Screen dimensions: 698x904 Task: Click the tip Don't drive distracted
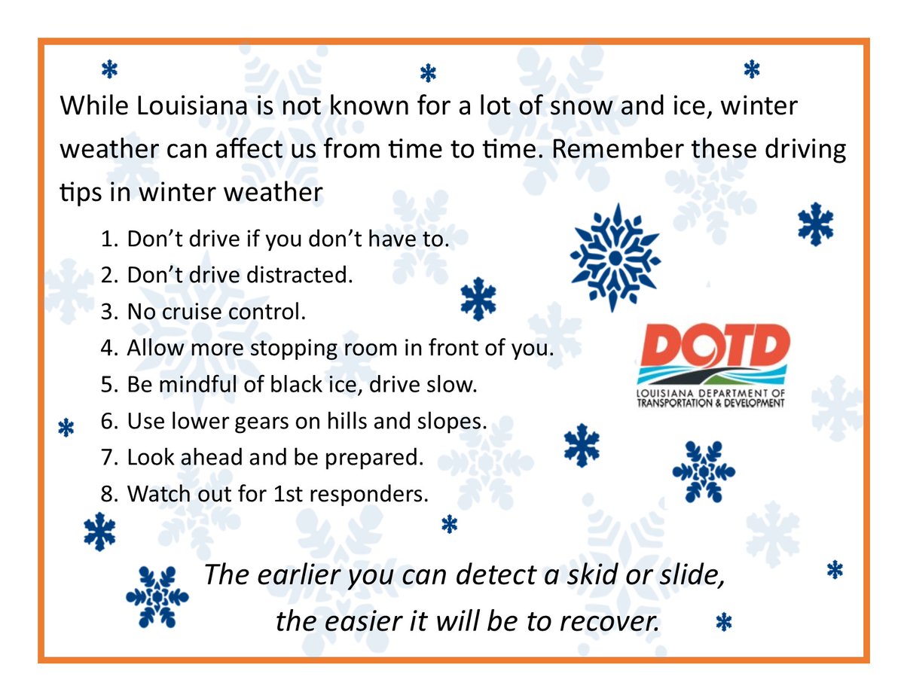240,276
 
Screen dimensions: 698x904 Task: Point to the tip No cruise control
216,312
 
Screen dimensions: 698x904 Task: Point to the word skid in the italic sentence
577,575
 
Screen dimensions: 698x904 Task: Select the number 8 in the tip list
108,494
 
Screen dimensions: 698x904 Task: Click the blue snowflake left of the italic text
157,596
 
